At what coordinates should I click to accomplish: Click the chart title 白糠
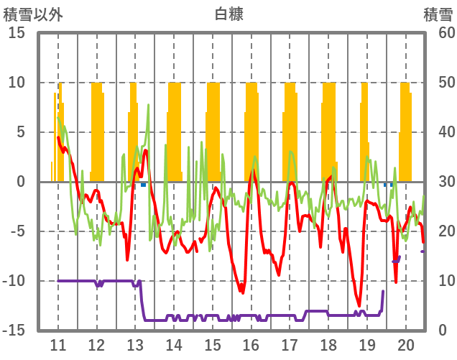pyautogui.click(x=228, y=14)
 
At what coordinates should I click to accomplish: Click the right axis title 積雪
pyautogui.click(x=436, y=14)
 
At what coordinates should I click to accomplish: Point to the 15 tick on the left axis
pyautogui.click(x=17, y=33)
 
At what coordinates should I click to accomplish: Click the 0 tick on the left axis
pyautogui.click(x=21, y=182)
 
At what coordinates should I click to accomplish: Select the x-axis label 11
pyautogui.click(x=58, y=344)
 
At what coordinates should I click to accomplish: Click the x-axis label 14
pyautogui.click(x=174, y=344)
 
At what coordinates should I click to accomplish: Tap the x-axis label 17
pyautogui.click(x=290, y=344)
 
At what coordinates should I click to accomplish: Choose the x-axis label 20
pyautogui.click(x=405, y=344)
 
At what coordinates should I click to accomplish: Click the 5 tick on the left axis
pyautogui.click(x=21, y=132)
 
